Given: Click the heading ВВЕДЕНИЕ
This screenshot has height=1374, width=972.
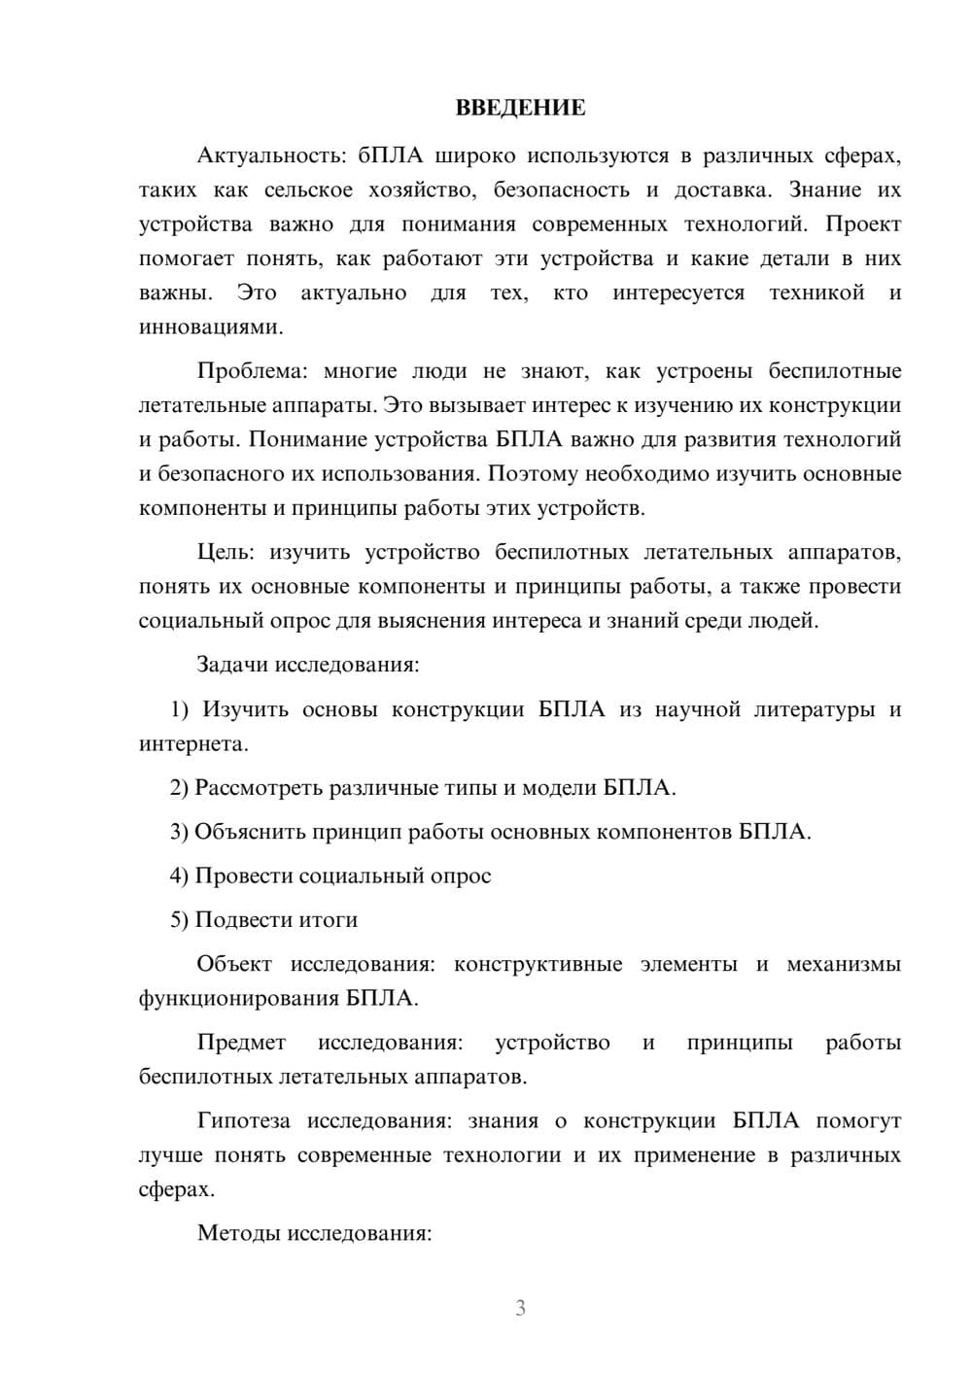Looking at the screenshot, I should (520, 108).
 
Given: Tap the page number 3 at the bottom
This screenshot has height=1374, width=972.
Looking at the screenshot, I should (520, 1308).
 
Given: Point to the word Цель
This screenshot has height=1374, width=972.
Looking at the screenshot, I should (225, 553).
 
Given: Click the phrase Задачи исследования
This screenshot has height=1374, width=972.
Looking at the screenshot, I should (307, 665).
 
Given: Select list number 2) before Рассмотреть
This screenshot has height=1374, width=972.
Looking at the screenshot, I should (180, 787).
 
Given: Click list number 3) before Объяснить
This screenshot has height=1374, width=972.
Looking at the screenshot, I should (180, 832).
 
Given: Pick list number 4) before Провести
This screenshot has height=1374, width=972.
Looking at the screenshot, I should (180, 876).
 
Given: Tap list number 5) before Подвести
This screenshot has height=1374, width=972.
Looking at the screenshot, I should (180, 919).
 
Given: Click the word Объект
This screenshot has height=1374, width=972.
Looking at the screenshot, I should (232, 964).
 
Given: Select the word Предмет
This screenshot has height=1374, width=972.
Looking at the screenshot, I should (241, 1043).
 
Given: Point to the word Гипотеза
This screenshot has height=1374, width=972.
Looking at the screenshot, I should (243, 1120).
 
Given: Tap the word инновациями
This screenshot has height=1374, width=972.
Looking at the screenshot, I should (210, 327).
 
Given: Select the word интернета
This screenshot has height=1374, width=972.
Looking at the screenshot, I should (192, 744).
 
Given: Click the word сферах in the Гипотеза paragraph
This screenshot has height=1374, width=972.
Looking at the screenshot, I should (175, 1189).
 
